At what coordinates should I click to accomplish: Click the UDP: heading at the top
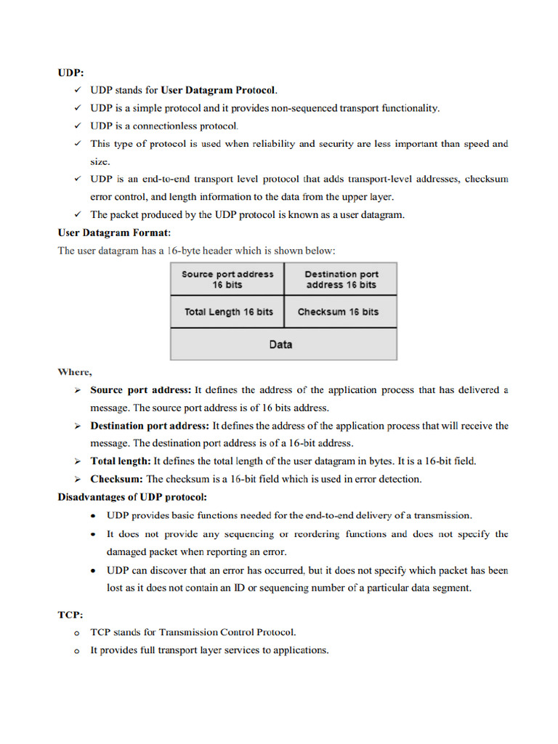70,73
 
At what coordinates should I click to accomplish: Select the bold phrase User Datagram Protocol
218,91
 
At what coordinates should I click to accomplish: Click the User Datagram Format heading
114,232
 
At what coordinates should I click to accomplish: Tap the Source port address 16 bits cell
227,279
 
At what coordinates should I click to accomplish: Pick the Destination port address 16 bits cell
341,279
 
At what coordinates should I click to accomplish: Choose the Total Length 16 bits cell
227,312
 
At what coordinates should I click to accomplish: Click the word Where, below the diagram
75,372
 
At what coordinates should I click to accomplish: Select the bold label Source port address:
141,390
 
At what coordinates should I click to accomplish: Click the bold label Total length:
120,461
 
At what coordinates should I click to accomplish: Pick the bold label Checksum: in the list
116,479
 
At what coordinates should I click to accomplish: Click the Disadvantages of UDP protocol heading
132,497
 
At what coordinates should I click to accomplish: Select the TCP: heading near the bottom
70,614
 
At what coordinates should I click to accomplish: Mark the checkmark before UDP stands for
77,91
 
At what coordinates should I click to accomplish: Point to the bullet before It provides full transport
76,651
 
